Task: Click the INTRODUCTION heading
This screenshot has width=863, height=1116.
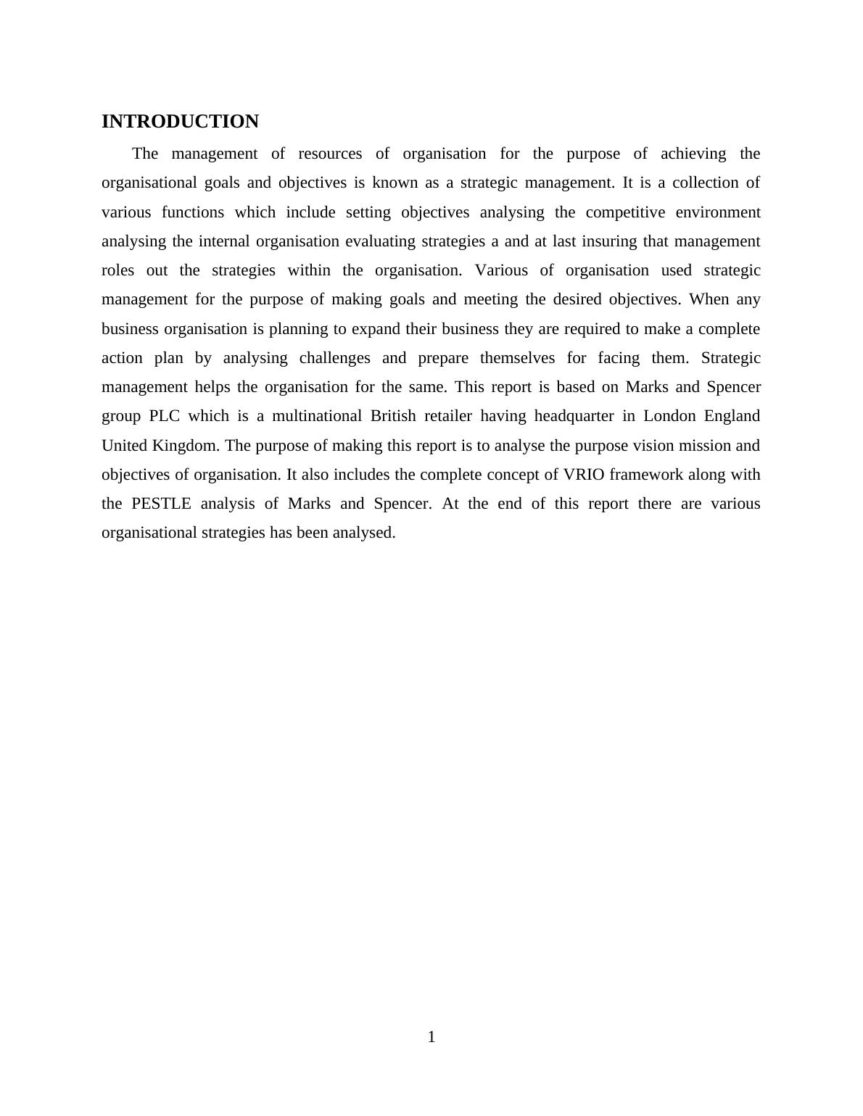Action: click(180, 122)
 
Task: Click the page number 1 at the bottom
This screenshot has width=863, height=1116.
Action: click(431, 1037)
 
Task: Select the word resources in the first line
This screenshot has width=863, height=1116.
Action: click(329, 154)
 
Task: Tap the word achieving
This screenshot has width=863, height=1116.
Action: click(693, 154)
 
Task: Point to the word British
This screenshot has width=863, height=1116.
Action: click(393, 416)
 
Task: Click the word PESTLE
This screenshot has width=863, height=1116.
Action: click(161, 504)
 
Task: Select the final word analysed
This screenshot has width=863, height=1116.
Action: click(364, 533)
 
